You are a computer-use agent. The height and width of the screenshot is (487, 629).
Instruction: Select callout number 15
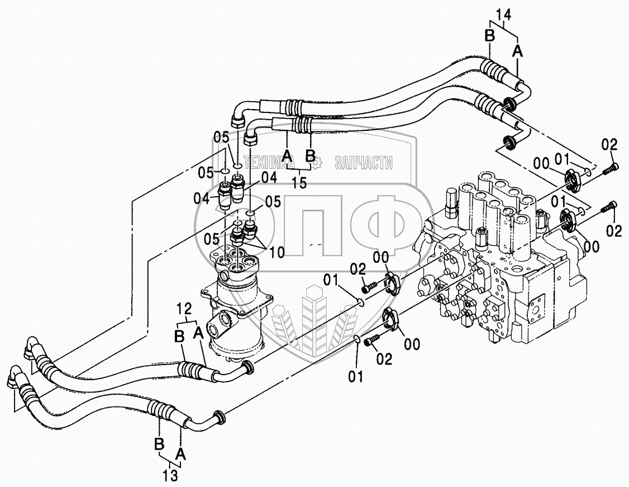point(299,182)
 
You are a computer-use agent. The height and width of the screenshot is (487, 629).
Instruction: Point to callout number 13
point(170,475)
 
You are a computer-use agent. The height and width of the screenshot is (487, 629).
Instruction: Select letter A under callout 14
point(518,51)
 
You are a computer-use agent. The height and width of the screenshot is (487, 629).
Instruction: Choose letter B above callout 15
point(311,155)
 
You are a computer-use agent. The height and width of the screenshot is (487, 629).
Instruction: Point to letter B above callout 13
point(159,446)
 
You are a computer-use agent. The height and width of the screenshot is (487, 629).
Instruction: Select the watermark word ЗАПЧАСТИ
point(364,163)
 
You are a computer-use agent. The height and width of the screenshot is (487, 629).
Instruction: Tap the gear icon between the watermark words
point(315,163)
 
